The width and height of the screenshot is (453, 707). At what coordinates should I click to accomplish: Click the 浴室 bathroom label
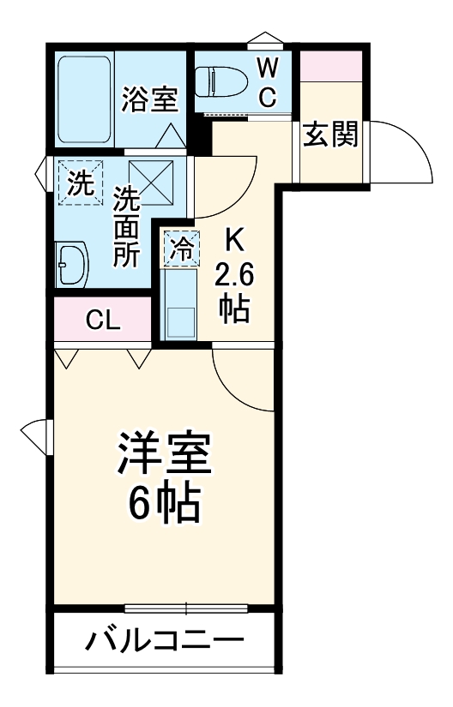click(x=150, y=99)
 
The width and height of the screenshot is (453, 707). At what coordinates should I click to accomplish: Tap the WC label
click(x=267, y=81)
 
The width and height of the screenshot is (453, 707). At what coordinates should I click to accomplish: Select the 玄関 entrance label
click(x=330, y=135)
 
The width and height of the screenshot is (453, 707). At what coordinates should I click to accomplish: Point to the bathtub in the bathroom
click(x=84, y=100)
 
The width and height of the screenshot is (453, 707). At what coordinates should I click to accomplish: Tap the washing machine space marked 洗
click(x=78, y=183)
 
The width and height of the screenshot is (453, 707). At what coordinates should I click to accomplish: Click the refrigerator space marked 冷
click(x=182, y=249)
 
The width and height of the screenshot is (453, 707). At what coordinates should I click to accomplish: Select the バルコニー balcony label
click(x=164, y=641)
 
